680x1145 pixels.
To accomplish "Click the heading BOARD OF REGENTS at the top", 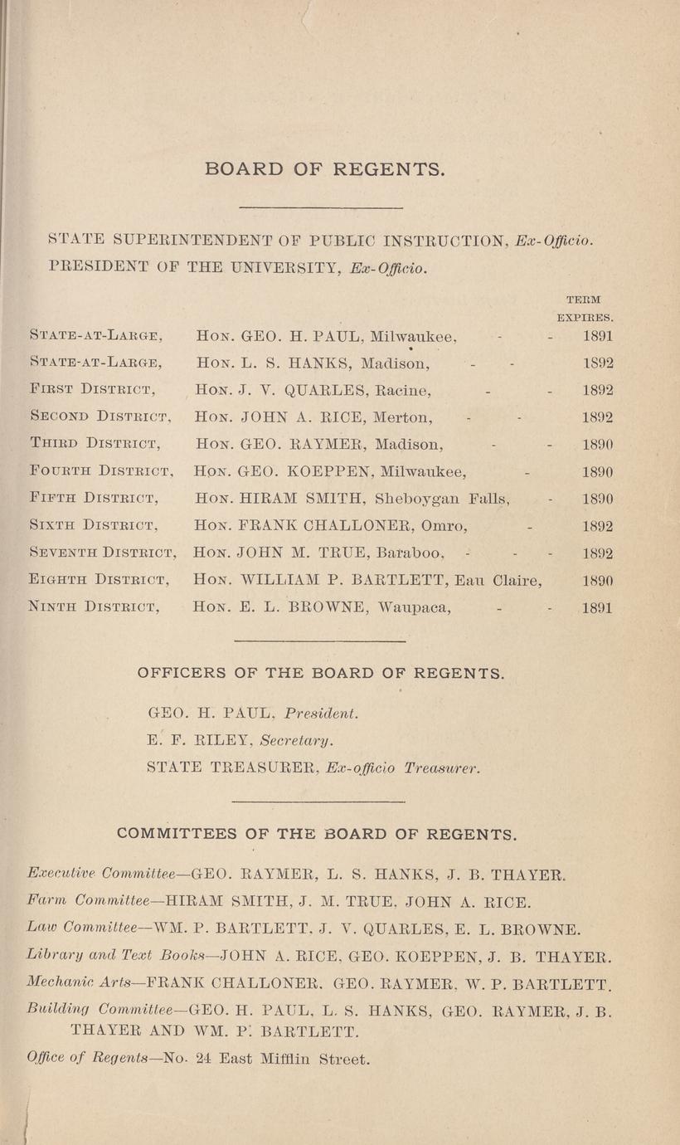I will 324,169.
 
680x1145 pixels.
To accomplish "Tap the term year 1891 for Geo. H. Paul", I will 597,337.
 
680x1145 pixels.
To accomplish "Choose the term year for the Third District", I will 597,445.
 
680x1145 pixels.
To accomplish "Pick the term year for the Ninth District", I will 597,608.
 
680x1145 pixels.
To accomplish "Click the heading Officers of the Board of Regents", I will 320,673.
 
